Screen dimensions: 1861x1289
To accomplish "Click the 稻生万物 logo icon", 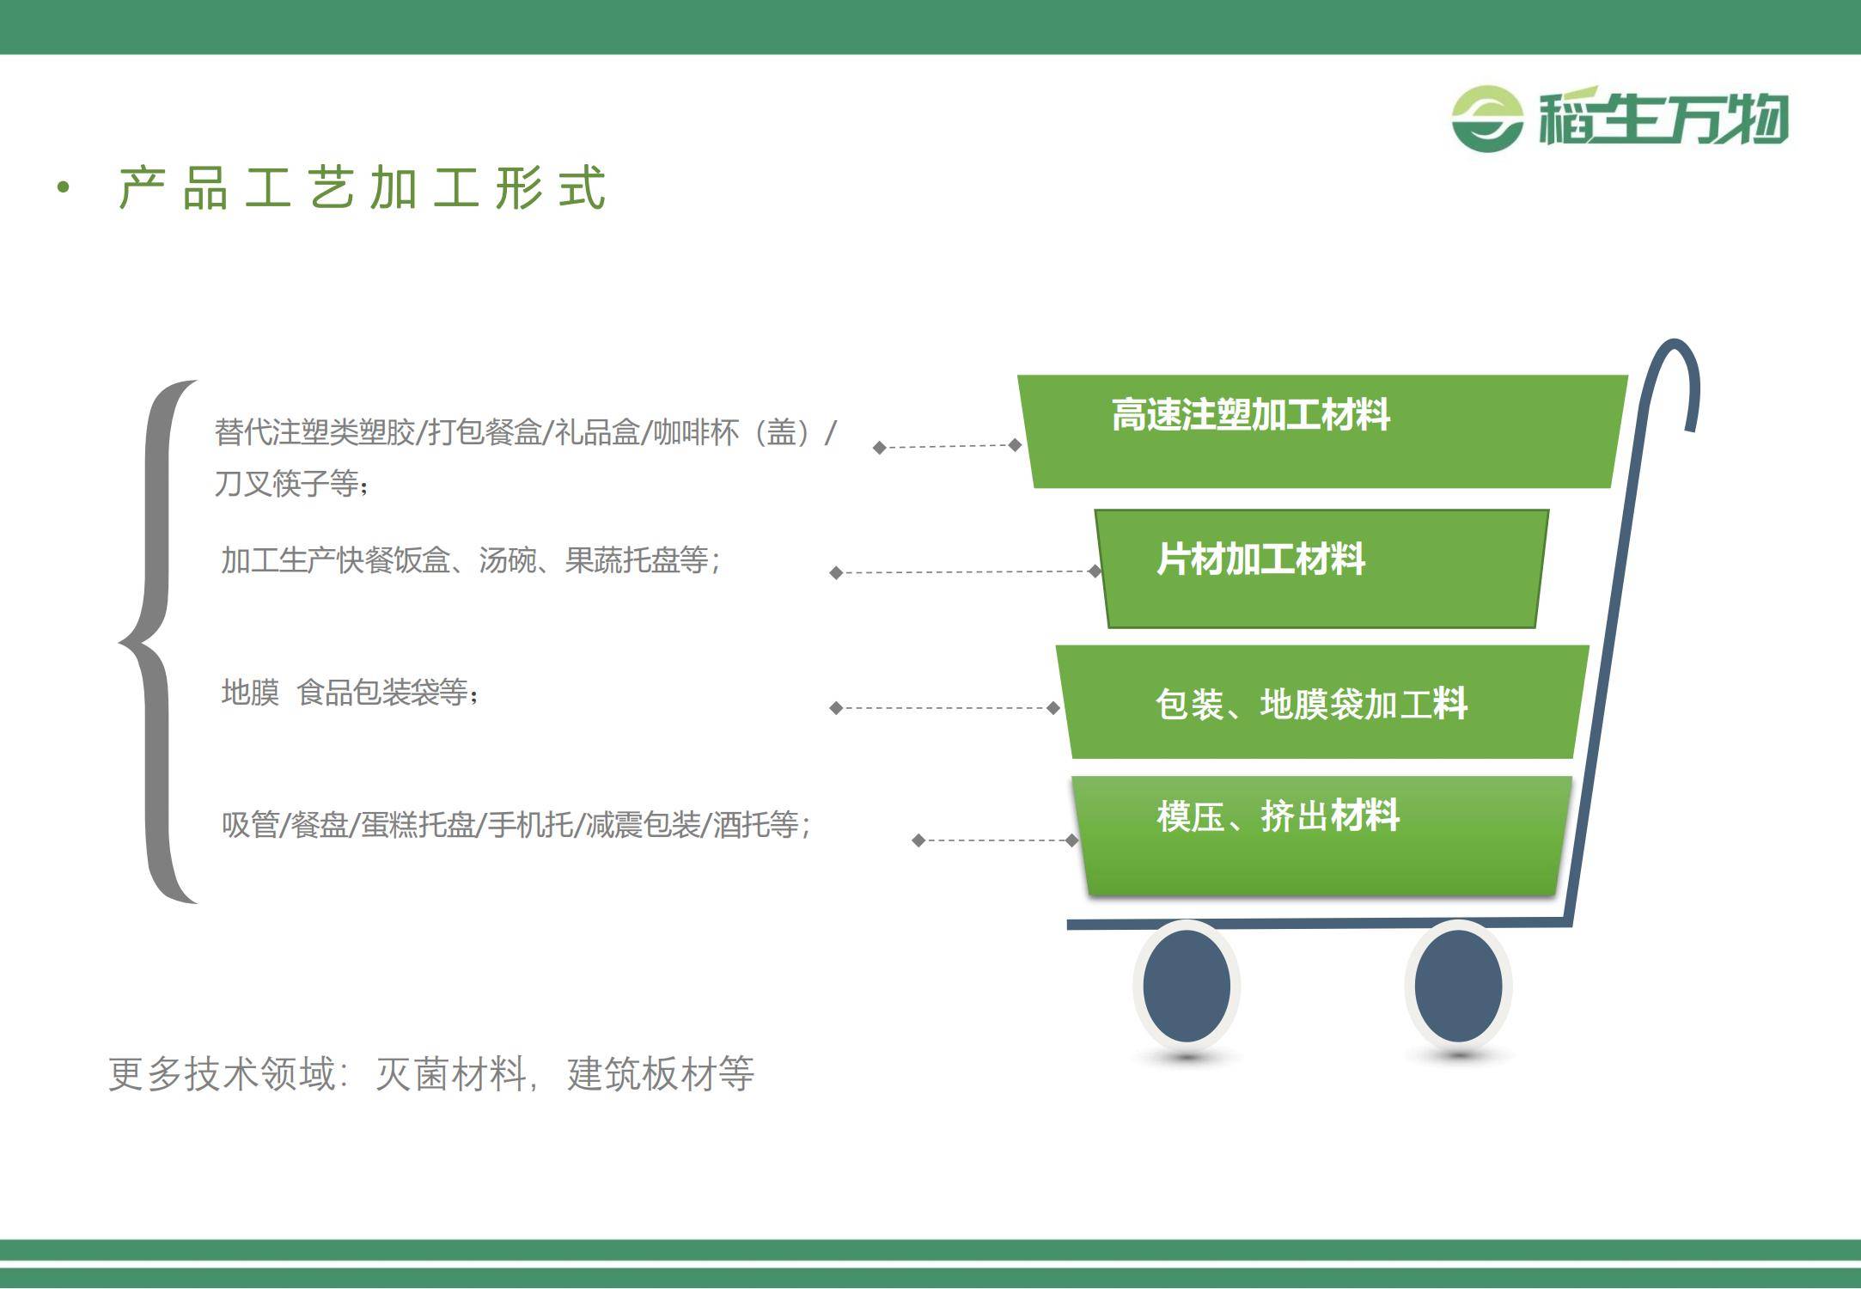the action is pos(1487,119).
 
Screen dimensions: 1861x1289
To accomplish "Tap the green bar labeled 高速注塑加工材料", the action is pos(1322,431).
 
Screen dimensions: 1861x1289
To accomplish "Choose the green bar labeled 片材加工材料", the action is pos(1321,569).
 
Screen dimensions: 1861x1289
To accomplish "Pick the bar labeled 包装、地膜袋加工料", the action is pos(1322,702).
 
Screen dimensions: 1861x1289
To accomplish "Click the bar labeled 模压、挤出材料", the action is pos(1321,836).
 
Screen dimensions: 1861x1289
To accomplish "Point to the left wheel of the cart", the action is pos(1187,986).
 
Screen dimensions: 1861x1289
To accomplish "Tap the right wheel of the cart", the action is pos(1458,986).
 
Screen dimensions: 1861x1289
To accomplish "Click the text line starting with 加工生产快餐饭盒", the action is pos(471,560).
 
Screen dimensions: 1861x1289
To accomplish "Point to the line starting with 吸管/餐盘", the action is pos(516,825).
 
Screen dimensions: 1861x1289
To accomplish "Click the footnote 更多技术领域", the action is pos(431,1073).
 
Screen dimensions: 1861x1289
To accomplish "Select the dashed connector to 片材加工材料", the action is pos(966,571).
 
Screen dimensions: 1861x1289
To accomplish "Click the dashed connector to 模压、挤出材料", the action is pos(995,840).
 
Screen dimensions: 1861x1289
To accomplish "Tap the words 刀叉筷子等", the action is pos(286,484).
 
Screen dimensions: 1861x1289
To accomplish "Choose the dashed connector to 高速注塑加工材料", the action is pos(947,446).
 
